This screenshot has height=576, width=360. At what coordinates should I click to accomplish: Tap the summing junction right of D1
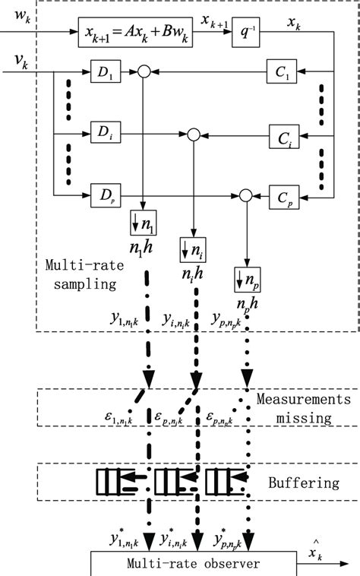(143, 73)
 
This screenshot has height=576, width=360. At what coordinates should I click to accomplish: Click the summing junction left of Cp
(245, 195)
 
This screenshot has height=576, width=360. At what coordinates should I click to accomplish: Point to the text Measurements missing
(304, 408)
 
